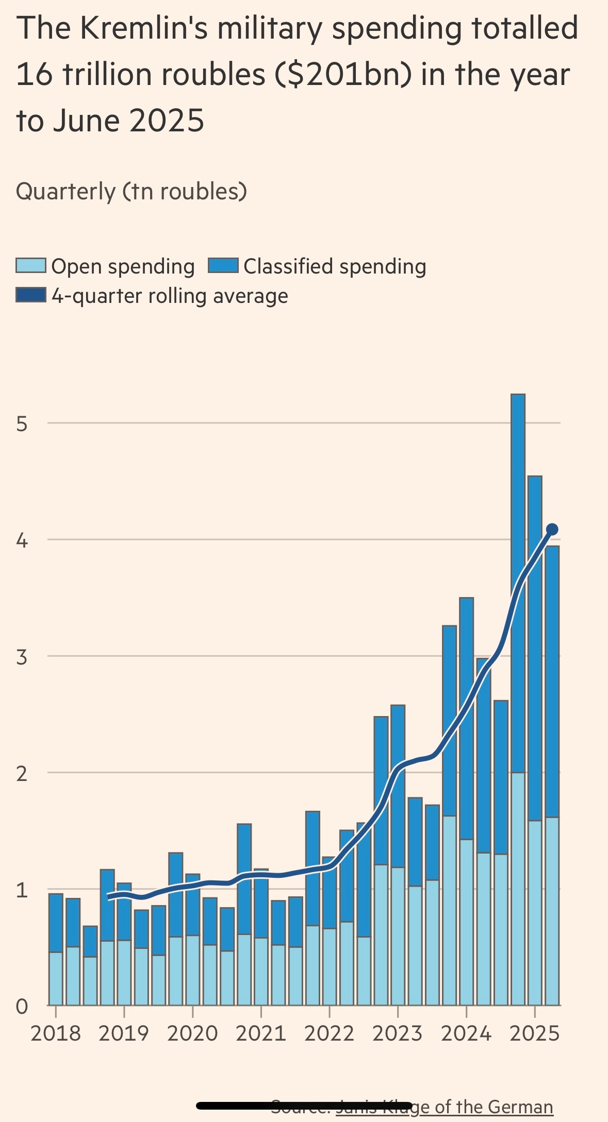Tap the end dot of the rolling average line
(552, 529)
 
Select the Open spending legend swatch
(31, 266)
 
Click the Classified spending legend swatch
(223, 266)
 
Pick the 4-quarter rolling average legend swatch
(31, 295)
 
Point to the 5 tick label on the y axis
(22, 423)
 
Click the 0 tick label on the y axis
(22, 1006)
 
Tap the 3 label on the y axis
(22, 657)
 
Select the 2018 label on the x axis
(56, 1033)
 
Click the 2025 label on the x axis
(534, 1033)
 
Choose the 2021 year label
(261, 1033)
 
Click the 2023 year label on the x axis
(398, 1033)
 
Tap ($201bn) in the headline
(343, 75)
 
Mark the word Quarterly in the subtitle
(65, 191)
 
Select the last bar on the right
(552, 773)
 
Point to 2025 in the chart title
(167, 121)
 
